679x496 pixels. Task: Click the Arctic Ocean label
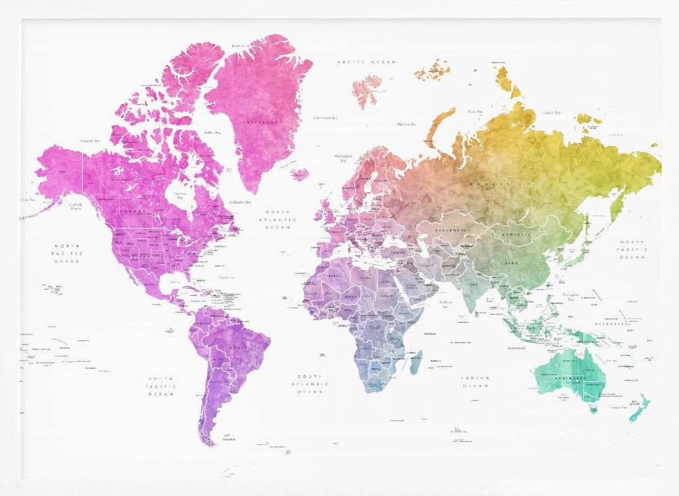(367, 62)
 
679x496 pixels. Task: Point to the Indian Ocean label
(475, 381)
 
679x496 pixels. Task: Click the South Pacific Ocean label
(162, 386)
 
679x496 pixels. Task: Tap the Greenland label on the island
(261, 122)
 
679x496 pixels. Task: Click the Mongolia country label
(513, 234)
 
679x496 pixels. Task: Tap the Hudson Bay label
(180, 196)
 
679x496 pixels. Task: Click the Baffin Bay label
(213, 132)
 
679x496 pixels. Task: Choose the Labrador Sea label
(240, 202)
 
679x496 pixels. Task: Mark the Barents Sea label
(407, 124)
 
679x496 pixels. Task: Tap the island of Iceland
(299, 174)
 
